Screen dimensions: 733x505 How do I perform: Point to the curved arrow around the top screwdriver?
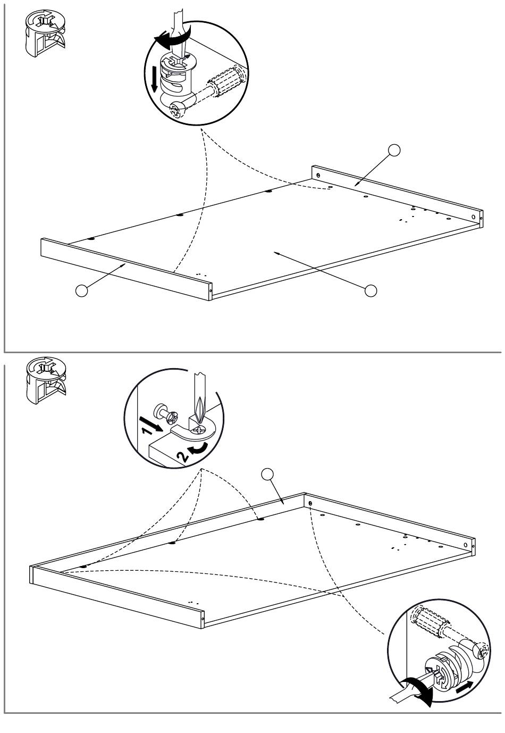tap(169, 39)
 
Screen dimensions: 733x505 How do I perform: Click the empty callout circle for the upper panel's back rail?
tap(394, 150)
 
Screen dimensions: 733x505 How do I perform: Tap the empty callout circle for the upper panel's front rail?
tap(81, 291)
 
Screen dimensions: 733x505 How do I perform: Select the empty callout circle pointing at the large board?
tap(371, 290)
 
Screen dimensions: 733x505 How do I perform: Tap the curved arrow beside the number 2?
tap(198, 449)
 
